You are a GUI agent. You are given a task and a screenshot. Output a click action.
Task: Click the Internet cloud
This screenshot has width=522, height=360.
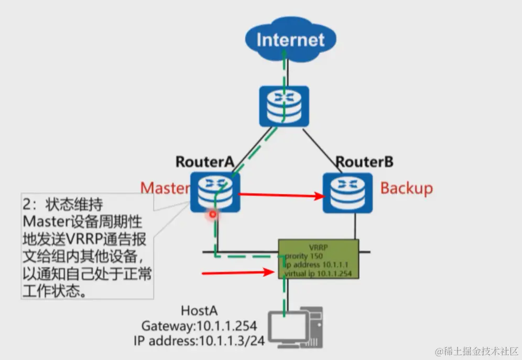point(290,39)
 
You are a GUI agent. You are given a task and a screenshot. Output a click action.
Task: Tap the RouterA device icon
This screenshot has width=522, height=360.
point(215,192)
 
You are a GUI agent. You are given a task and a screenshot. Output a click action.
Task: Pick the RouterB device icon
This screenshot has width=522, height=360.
point(347,192)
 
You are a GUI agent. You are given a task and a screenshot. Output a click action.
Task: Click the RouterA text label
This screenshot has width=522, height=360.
point(205,161)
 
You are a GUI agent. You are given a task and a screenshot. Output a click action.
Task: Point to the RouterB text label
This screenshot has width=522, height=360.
point(364,161)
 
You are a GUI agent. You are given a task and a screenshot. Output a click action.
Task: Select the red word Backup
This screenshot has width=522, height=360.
point(407,188)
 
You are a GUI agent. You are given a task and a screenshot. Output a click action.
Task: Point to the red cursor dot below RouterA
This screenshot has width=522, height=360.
point(213,214)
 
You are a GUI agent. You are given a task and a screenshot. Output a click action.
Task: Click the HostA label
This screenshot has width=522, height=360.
point(201,311)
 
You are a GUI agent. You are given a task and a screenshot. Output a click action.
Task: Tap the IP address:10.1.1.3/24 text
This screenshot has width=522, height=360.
point(199,340)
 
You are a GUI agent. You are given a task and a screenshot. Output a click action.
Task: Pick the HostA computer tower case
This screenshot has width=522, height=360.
point(316,328)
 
